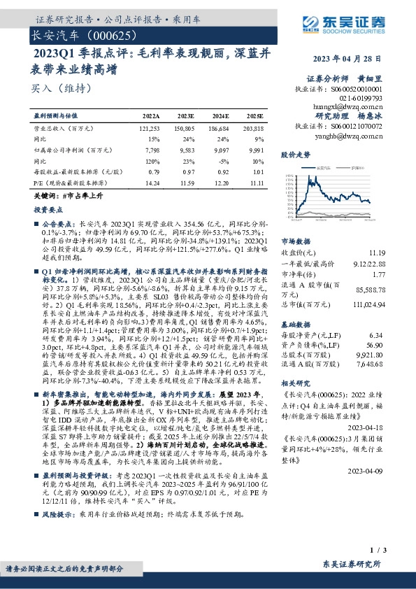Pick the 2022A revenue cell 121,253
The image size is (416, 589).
tap(150, 129)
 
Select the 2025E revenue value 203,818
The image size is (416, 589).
tap(253, 129)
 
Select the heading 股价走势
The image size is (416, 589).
tap(294, 153)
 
